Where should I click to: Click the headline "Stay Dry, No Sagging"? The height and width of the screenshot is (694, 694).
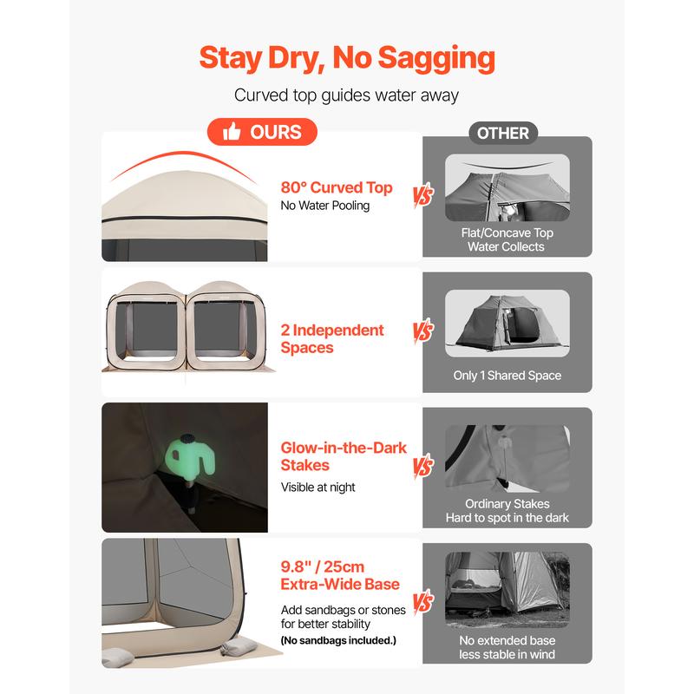pyautogui.click(x=347, y=58)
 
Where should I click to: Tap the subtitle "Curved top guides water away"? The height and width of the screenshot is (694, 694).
pyautogui.click(x=346, y=95)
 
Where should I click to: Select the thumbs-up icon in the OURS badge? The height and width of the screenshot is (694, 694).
pyautogui.click(x=232, y=132)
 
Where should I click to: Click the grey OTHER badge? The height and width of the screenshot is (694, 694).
pyautogui.click(x=503, y=133)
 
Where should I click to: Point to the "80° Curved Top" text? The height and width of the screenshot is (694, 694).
pyautogui.click(x=337, y=187)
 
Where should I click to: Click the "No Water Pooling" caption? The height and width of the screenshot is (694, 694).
pyautogui.click(x=324, y=206)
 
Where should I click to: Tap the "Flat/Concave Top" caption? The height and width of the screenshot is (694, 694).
pyautogui.click(x=507, y=232)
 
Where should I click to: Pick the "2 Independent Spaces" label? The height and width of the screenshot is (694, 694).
pyautogui.click(x=332, y=338)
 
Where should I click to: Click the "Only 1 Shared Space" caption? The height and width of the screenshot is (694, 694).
pyautogui.click(x=507, y=376)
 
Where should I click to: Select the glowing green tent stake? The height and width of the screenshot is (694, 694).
pyautogui.click(x=190, y=457)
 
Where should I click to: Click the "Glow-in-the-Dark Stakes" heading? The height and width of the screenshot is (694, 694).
pyautogui.click(x=344, y=456)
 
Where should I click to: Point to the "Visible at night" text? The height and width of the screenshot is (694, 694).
pyautogui.click(x=318, y=488)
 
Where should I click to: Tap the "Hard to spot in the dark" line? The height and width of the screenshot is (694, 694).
pyautogui.click(x=507, y=517)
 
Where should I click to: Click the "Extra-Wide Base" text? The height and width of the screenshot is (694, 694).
pyautogui.click(x=340, y=584)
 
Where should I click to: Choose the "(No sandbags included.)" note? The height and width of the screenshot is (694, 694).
pyautogui.click(x=338, y=640)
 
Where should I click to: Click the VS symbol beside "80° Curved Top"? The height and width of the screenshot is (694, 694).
pyautogui.click(x=423, y=194)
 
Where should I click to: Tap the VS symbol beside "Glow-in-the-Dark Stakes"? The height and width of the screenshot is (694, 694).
pyautogui.click(x=423, y=466)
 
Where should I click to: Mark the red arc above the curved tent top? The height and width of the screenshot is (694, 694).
pyautogui.click(x=183, y=154)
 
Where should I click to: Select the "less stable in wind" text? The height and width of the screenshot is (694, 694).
pyautogui.click(x=507, y=654)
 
